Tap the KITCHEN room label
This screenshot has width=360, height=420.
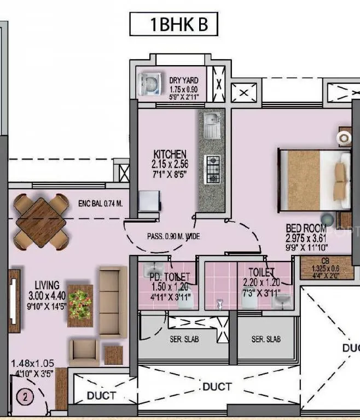coord(170,155)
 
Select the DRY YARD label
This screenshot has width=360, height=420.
coord(183,81)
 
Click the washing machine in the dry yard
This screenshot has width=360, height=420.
coord(147,84)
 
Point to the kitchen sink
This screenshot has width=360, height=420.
coord(211,124)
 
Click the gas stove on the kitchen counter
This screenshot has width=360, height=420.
coord(212,168)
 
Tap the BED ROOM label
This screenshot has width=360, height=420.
coord(306,228)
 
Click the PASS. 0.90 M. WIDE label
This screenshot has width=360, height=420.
coord(173,237)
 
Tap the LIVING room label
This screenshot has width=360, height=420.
coord(47,285)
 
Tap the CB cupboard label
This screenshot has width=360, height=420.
coord(326,261)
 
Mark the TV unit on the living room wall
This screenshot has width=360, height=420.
coord(14,300)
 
